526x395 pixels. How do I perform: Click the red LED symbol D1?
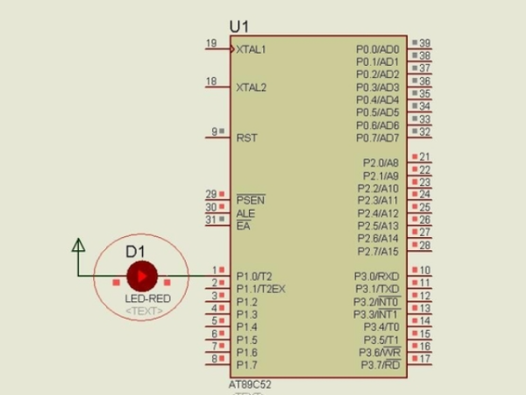tap(140, 276)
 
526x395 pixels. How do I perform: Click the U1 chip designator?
tap(238, 27)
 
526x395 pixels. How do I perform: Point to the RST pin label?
tap(246, 138)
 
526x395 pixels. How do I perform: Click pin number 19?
tap(210, 43)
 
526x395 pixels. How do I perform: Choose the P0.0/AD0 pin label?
tap(377, 49)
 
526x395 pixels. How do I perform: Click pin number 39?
tap(424, 43)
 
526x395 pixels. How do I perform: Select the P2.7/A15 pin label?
tap(380, 252)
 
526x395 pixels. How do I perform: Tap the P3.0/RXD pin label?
tap(377, 276)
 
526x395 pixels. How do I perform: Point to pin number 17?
tap(424, 359)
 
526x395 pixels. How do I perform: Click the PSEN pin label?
tap(250, 200)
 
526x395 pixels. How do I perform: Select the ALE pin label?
tap(245, 213)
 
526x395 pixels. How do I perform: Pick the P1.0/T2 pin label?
tap(254, 276)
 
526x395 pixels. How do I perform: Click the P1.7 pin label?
tap(246, 365)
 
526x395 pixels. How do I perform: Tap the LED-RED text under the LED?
tap(147, 299)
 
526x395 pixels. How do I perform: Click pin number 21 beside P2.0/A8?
tap(424, 157)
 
